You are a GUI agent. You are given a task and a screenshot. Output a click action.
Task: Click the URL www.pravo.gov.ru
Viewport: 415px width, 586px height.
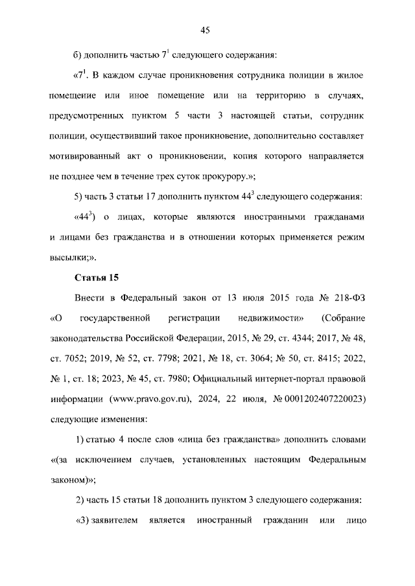coord(150,398)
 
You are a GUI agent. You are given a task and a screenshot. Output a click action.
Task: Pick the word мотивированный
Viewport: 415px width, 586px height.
coord(89,157)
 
